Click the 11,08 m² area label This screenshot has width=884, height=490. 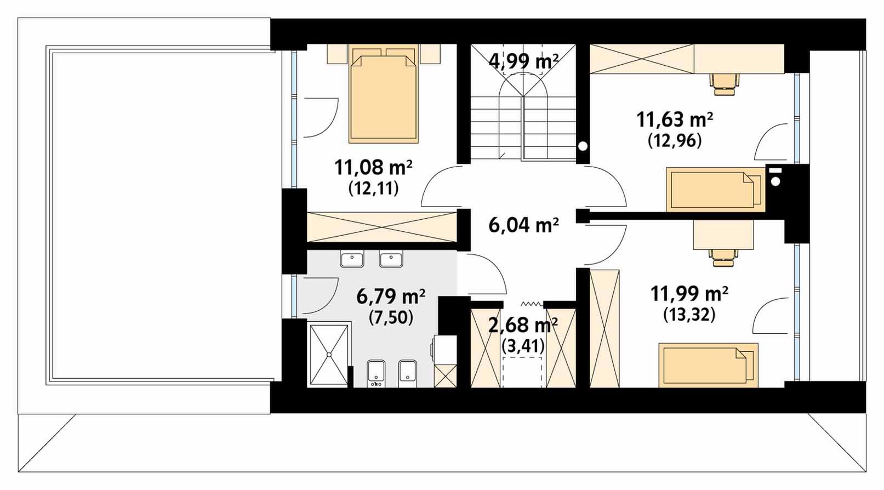pyautogui.click(x=373, y=168)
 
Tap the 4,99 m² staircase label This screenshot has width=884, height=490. pyautogui.click(x=523, y=62)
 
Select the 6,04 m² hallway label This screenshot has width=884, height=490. pyautogui.click(x=523, y=226)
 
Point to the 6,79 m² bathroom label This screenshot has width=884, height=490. pyautogui.click(x=391, y=297)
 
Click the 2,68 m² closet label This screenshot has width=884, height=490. pyautogui.click(x=523, y=326)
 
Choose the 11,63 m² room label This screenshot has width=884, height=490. pyautogui.click(x=675, y=120)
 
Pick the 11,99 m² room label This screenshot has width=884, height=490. pyautogui.click(x=689, y=294)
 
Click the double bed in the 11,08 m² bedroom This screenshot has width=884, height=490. pyautogui.click(x=384, y=95)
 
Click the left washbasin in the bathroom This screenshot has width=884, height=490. pyautogui.click(x=351, y=260)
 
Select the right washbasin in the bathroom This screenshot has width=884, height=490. pyautogui.click(x=391, y=260)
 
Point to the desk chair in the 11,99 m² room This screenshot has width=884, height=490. pyautogui.click(x=723, y=257)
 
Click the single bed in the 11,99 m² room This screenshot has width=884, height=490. pyautogui.click(x=709, y=365)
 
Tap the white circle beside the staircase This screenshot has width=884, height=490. pyautogui.click(x=583, y=146)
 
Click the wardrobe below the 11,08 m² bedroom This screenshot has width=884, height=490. pyautogui.click(x=382, y=227)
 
